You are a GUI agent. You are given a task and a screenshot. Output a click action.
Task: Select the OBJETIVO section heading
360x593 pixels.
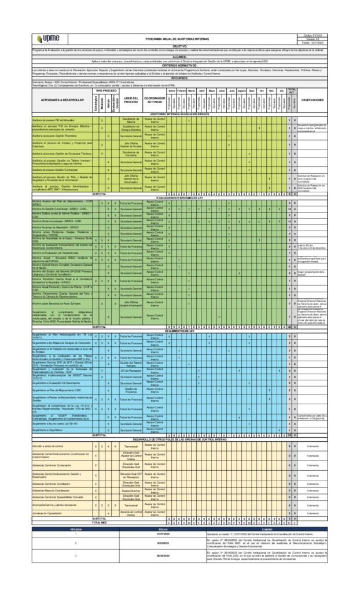tap(179, 46)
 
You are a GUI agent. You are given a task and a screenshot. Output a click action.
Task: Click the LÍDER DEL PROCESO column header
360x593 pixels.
tap(131, 100)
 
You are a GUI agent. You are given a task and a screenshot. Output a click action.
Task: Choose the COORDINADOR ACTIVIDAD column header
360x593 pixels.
tap(155, 100)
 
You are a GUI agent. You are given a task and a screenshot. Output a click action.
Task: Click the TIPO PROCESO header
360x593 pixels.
tap(106, 91)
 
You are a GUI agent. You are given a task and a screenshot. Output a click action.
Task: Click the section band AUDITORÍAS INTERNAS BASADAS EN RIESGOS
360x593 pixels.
tap(179, 114)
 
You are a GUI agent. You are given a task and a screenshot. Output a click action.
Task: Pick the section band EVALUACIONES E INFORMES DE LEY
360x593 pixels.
tap(179, 197)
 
